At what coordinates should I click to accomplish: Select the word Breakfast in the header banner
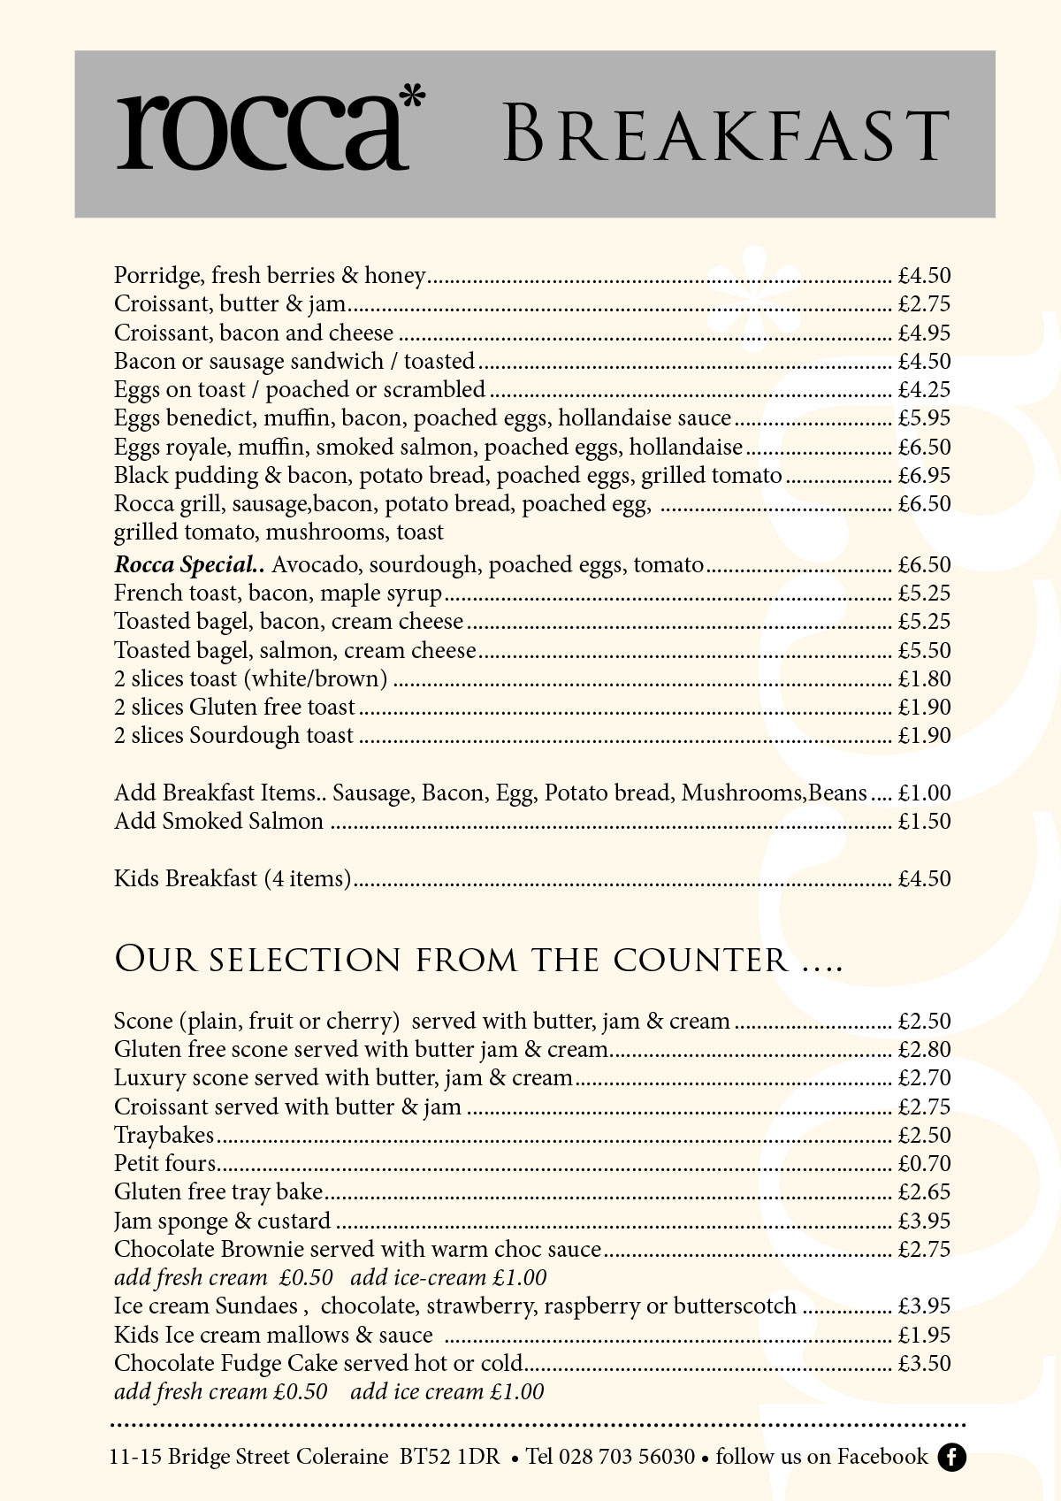[726, 134]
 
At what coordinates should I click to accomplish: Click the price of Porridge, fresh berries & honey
[924, 276]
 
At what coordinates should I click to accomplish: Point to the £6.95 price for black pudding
[924, 476]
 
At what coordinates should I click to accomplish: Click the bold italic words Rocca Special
[190, 565]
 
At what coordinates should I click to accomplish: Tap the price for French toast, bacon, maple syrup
[924, 594]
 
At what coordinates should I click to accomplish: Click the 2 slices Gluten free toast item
[234, 708]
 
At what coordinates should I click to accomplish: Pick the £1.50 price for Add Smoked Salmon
[924, 822]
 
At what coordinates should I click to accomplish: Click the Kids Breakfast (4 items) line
[233, 879]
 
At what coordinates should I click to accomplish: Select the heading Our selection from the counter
[477, 961]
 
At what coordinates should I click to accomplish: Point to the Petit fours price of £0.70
[924, 1164]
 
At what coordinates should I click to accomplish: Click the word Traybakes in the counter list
[164, 1136]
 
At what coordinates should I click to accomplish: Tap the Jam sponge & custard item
[222, 1221]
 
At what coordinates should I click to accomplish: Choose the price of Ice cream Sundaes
[924, 1306]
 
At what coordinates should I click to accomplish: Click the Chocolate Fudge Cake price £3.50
[924, 1364]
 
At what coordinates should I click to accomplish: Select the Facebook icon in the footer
[952, 1457]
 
